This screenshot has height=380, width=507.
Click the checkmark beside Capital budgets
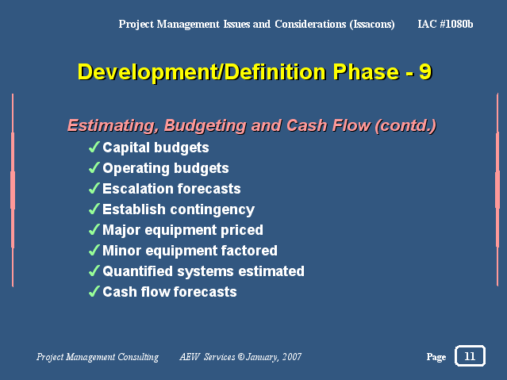[94, 147]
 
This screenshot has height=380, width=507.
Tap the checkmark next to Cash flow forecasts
[94, 291]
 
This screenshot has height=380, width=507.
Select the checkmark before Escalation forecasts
[94, 188]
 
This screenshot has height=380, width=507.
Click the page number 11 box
[470, 355]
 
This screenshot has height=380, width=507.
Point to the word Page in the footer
[436, 357]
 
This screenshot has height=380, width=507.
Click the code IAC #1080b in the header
[445, 24]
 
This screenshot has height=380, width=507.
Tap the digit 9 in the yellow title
[425, 71]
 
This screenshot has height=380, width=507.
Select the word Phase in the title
[366, 71]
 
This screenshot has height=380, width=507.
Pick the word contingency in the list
[213, 210]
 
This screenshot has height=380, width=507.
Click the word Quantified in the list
[138, 271]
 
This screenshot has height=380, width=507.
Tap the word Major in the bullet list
[121, 230]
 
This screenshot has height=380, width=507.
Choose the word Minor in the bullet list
[121, 251]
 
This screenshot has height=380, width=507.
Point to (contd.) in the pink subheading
[405, 125]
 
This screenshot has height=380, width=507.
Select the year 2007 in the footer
[292, 357]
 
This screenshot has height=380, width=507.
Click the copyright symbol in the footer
[241, 357]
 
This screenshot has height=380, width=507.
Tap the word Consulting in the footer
[138, 357]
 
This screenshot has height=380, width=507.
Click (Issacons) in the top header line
[372, 25]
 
